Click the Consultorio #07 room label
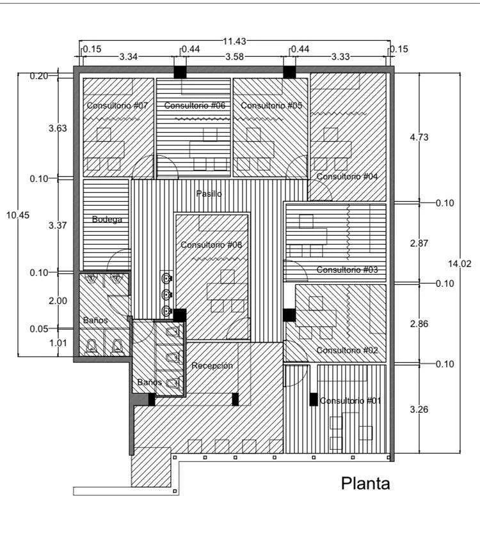click(117, 105)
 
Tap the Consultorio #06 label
click(195, 105)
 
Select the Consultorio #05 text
click(271, 105)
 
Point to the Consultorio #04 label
click(348, 176)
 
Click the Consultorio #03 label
click(348, 270)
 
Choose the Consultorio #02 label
click(348, 350)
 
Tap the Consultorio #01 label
click(350, 401)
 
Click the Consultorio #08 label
click(211, 245)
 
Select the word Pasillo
click(209, 194)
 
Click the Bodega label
click(107, 219)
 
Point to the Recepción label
click(212, 366)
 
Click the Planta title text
click(366, 484)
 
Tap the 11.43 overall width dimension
click(234, 42)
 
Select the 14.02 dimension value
click(460, 264)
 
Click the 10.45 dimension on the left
click(18, 215)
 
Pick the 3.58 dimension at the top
click(234, 56)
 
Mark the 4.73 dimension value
click(419, 137)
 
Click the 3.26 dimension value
click(419, 410)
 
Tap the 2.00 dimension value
click(58, 301)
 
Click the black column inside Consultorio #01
click(314, 399)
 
